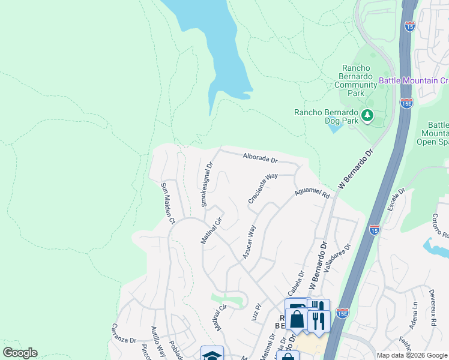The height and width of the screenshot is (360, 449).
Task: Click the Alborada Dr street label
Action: click(260, 159)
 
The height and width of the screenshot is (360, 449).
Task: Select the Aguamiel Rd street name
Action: click(312, 194)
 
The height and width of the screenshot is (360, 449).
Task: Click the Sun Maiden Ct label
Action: click(167, 203)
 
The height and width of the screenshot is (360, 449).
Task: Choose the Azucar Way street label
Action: click(249, 242)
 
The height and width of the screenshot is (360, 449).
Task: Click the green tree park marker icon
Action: click(366, 115)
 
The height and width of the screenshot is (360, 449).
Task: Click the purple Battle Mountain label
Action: click(414, 80)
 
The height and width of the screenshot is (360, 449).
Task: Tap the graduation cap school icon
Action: click(212, 354)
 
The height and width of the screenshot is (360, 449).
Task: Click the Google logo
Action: click(20, 353)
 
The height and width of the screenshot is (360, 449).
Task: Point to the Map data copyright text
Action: click(411, 355)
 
